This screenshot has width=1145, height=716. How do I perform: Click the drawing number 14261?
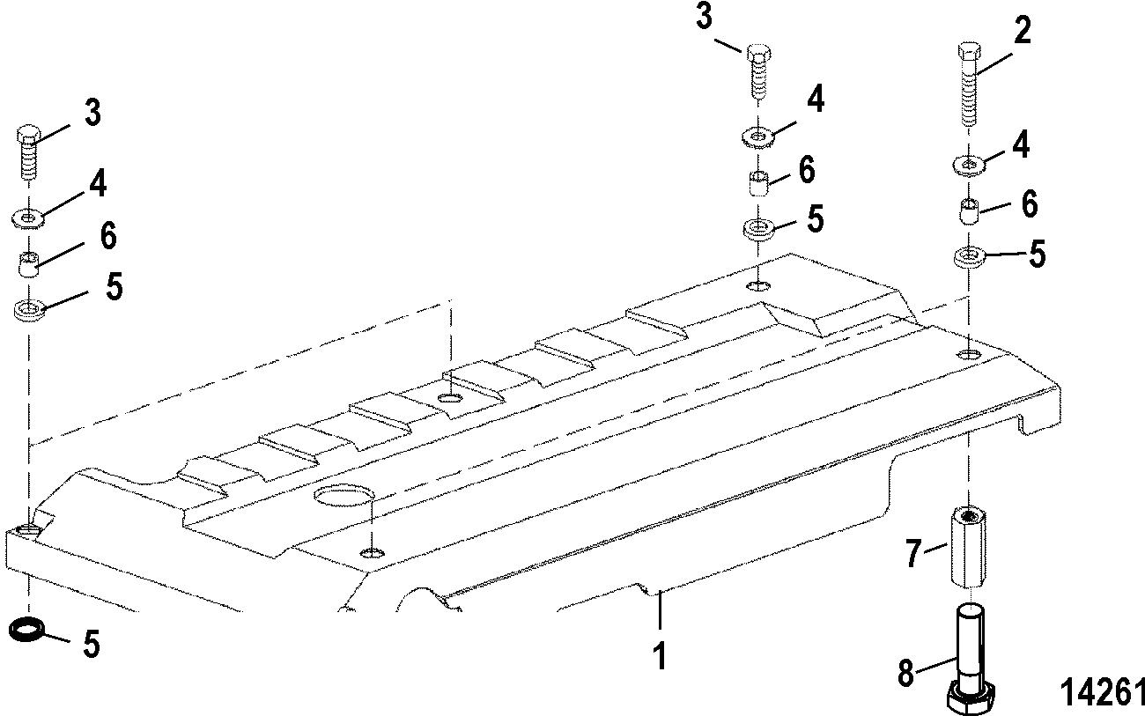(1102, 692)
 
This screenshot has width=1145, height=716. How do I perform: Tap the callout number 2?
(1023, 30)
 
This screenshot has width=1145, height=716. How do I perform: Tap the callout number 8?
(906, 673)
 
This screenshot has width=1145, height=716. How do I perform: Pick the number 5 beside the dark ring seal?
(92, 644)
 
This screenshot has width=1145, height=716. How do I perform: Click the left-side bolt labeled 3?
(28, 151)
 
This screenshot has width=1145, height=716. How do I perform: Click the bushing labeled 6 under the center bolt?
(758, 183)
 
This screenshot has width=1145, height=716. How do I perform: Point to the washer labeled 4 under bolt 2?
(970, 166)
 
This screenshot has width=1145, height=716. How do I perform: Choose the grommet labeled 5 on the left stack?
(28, 310)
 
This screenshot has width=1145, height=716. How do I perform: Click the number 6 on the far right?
(1030, 204)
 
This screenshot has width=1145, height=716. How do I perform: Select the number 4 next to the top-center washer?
(816, 100)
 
